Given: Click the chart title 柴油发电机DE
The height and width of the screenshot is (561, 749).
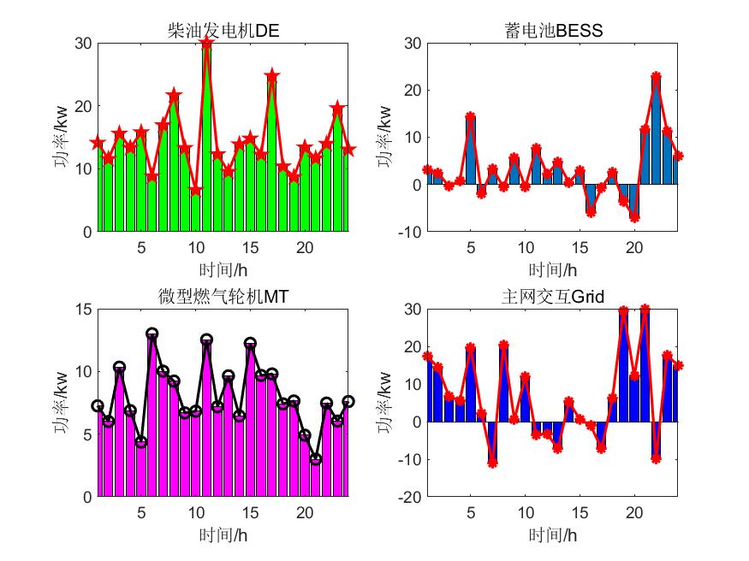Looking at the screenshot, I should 223,32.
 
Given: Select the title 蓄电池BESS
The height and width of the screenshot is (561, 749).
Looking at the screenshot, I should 554,32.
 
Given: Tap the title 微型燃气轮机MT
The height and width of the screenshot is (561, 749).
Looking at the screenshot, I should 223,297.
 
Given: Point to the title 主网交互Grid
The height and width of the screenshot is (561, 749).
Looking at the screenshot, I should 554,297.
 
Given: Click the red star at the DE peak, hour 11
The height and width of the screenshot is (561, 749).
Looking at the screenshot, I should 206,44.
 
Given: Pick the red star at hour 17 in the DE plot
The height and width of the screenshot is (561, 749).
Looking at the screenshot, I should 272,76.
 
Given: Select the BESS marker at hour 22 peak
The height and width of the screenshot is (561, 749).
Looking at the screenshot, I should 656,77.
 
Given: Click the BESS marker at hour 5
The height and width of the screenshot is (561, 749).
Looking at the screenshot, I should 470,116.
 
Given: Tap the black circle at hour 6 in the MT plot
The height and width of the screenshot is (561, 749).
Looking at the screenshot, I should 152,334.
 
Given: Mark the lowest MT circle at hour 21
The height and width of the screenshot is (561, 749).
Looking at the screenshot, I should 316,459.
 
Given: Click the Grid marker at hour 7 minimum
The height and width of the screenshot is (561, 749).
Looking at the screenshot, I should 492,463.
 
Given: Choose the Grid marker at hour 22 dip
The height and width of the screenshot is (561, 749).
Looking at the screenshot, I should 656,458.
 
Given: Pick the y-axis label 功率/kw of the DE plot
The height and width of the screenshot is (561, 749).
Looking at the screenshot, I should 62,137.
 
